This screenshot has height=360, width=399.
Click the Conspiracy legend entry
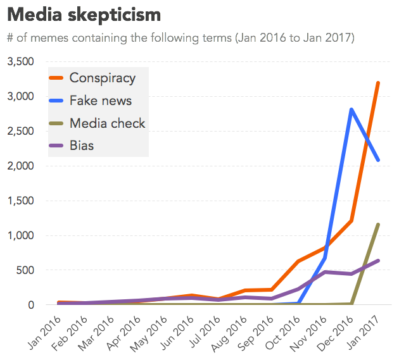pyautogui.click(x=102, y=78)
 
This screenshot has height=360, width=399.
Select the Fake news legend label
pyautogui.click(x=100, y=101)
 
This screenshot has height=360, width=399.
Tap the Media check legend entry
pyautogui.click(x=107, y=123)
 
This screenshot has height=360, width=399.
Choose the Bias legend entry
pyautogui.click(x=82, y=146)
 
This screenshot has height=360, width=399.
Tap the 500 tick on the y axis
pyautogui.click(x=28, y=270)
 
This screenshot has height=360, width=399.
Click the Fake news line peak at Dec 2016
pyautogui.click(x=351, y=109)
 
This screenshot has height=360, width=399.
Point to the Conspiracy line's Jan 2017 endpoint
pyautogui.click(x=378, y=83)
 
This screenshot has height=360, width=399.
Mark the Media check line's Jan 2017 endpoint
pyautogui.click(x=378, y=224)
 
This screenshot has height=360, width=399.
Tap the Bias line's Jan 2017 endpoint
pyautogui.click(x=378, y=261)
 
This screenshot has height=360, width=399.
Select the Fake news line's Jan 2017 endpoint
pyautogui.click(x=378, y=160)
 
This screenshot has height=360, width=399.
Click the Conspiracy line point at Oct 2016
pyautogui.click(x=298, y=261)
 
